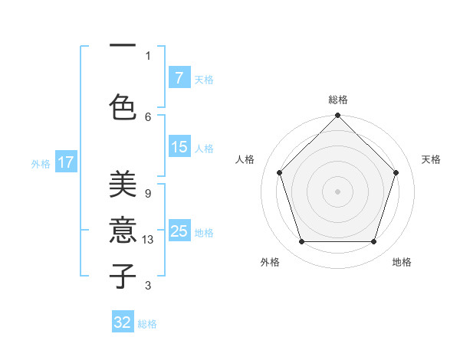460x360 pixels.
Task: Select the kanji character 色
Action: click(x=123, y=105)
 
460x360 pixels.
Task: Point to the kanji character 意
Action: click(x=123, y=230)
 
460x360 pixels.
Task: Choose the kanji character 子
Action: click(x=123, y=275)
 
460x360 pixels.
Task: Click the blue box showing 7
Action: click(x=179, y=78)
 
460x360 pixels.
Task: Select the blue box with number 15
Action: click(x=179, y=147)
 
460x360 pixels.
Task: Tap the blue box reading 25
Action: click(x=179, y=231)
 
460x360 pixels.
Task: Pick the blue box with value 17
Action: click(x=66, y=162)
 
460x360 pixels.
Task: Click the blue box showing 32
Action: click(x=123, y=322)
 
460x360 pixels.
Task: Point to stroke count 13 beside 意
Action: click(x=149, y=240)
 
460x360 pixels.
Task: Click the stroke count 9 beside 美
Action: click(x=148, y=194)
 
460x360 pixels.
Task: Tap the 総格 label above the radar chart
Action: click(x=338, y=100)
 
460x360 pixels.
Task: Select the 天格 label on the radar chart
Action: click(x=432, y=159)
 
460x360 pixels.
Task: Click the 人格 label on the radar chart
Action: click(x=245, y=159)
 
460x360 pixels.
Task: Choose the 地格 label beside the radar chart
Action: click(x=402, y=262)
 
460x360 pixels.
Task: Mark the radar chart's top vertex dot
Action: click(x=337, y=116)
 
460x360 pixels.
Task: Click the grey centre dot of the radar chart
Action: click(x=337, y=191)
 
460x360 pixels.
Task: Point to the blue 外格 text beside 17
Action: click(x=41, y=163)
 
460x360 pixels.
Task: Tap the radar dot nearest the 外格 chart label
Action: click(x=301, y=242)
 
